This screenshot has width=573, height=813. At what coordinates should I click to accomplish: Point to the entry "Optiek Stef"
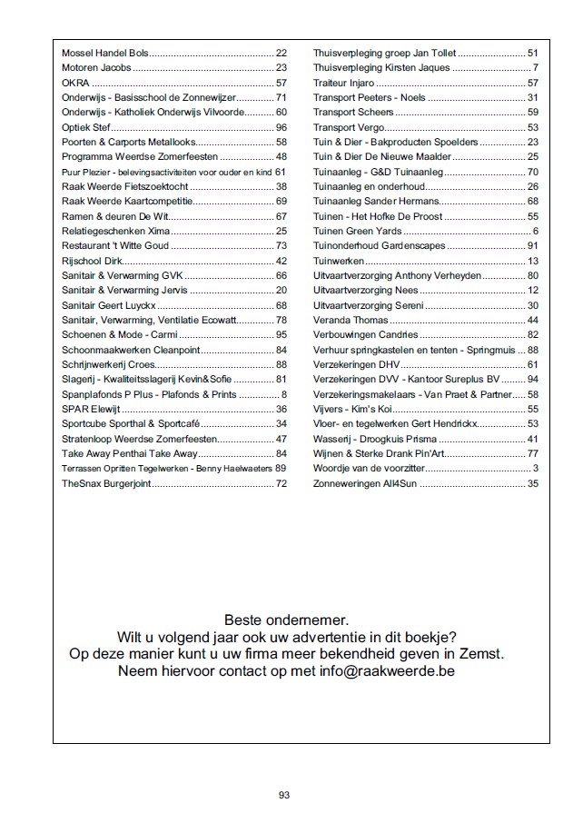tap(85, 127)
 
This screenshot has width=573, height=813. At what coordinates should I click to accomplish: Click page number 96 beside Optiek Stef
tap(281, 127)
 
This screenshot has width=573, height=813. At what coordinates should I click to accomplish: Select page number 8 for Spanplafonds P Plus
tap(283, 393)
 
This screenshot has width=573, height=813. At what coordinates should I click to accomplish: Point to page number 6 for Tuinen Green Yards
tap(536, 231)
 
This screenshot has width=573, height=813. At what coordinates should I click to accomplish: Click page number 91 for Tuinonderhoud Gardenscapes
tap(533, 245)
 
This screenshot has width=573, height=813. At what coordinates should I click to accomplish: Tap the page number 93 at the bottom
tap(284, 795)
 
